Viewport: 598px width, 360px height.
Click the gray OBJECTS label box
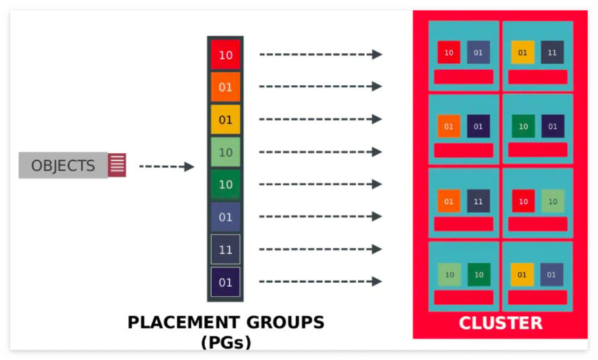[63, 165]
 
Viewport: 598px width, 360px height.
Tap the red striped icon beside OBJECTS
[117, 165]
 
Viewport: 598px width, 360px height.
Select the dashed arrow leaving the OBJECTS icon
[166, 167]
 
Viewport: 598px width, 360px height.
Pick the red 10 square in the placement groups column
[225, 55]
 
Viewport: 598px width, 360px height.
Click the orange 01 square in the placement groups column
[225, 87]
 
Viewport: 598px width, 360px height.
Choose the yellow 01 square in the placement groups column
[225, 120]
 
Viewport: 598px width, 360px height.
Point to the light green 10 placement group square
[225, 152]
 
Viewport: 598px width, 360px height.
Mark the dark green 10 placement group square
[225, 185]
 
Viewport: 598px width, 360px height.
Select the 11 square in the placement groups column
[225, 250]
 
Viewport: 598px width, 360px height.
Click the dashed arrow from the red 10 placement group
[320, 54]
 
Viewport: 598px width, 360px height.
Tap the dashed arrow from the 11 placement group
[320, 249]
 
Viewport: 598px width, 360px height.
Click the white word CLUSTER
[500, 323]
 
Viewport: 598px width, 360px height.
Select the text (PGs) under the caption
[226, 343]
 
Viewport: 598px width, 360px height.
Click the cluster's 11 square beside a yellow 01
[552, 52]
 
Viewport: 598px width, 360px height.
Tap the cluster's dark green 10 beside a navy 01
[523, 126]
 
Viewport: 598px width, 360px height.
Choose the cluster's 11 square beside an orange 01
[478, 201]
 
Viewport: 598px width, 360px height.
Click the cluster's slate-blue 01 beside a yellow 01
[552, 274]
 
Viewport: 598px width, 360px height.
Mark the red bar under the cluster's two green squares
[464, 298]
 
